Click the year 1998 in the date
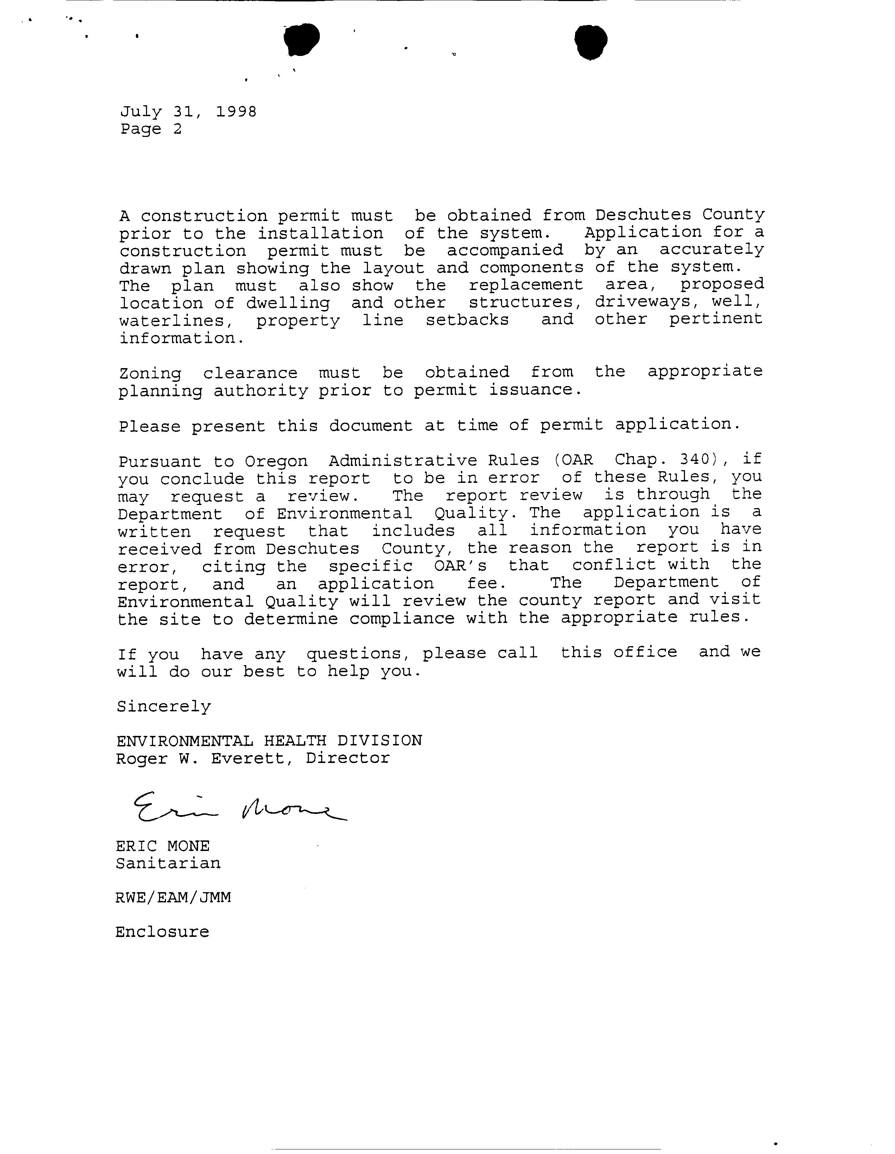click(x=236, y=112)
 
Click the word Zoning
click(x=150, y=373)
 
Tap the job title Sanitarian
click(x=168, y=863)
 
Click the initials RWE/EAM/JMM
click(x=173, y=898)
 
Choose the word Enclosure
click(x=162, y=932)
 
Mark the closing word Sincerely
click(x=164, y=706)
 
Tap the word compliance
click(x=401, y=618)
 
